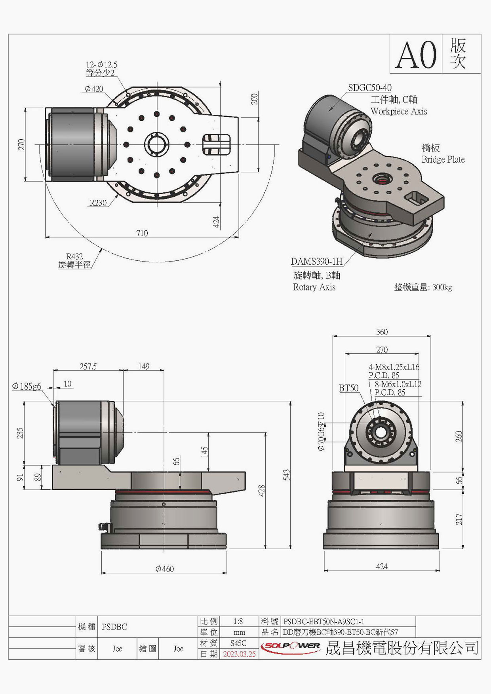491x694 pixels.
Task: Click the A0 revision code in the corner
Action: tap(416, 55)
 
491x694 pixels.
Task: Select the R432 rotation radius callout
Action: tap(74, 256)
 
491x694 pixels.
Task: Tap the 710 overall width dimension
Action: tap(142, 233)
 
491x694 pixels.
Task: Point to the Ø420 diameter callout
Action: tap(94, 89)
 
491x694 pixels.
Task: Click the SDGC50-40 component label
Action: tap(369, 88)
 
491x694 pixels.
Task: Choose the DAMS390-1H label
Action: tap(316, 262)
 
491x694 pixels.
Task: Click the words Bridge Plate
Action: tap(443, 159)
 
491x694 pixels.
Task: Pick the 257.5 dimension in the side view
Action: tap(88, 366)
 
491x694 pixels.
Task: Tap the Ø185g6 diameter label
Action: tap(27, 387)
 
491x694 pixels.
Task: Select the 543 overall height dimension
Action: tap(286, 475)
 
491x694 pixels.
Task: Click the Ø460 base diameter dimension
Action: tap(164, 569)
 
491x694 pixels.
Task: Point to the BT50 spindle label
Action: tap(348, 388)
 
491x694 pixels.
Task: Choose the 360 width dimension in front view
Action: tap(382, 332)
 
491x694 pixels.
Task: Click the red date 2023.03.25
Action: tap(239, 654)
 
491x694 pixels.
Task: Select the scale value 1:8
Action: tap(238, 622)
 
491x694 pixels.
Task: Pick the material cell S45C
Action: tap(238, 643)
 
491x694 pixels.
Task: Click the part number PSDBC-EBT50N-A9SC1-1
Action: tap(324, 622)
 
